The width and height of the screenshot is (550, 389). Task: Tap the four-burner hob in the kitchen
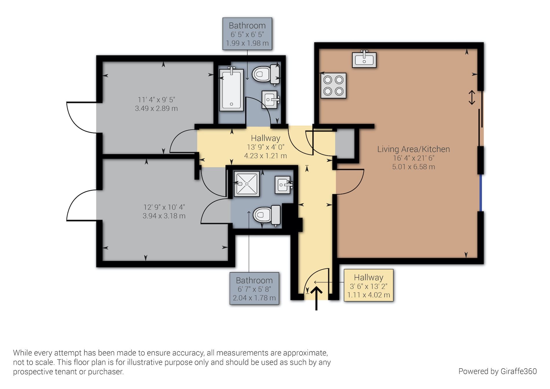tap(333, 85)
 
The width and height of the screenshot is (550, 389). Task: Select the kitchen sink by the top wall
tap(364, 59)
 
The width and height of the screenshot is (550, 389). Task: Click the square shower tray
tap(247, 184)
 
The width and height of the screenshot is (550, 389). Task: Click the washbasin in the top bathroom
tap(270, 99)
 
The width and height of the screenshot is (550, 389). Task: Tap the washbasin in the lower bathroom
tap(283, 185)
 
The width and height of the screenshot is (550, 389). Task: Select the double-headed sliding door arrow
tap(472, 98)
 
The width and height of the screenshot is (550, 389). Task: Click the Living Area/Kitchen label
tap(413, 149)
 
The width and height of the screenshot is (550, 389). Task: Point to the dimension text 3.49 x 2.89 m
tap(156, 108)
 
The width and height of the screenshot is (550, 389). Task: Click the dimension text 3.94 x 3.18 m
tap(164, 216)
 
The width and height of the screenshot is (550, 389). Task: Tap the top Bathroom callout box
tap(247, 34)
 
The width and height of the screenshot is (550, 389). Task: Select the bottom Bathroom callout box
tap(254, 288)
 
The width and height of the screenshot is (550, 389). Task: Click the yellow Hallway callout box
tap(368, 285)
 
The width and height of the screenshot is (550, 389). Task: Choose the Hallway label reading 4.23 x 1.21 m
tap(265, 147)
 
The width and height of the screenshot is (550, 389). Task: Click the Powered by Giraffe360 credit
tap(498, 371)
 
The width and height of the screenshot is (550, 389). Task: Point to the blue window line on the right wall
tap(481, 193)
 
